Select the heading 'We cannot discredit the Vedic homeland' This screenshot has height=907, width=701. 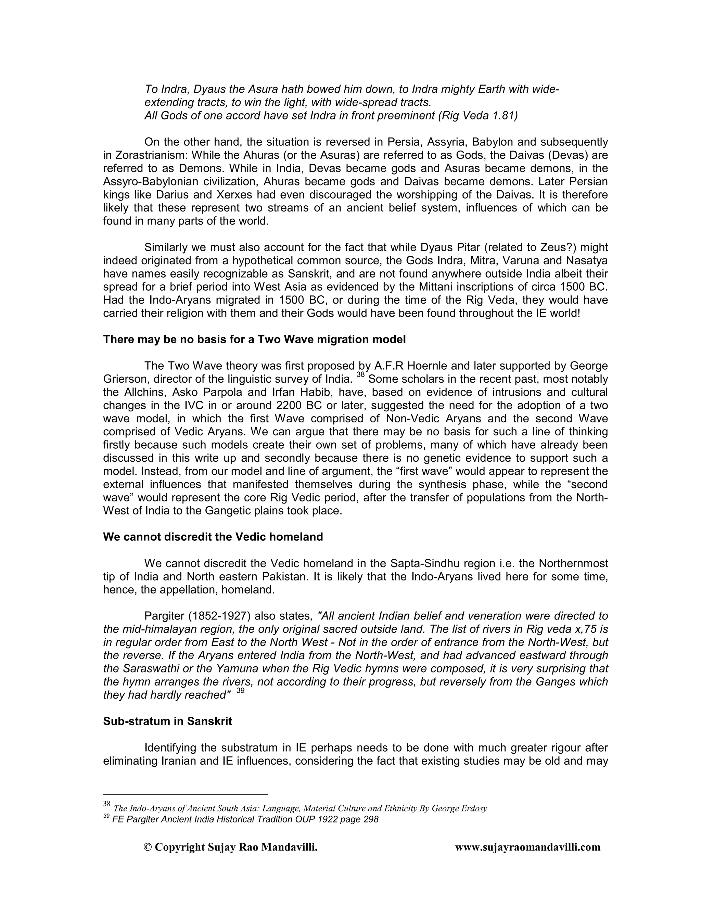213,537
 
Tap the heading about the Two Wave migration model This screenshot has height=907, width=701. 254,339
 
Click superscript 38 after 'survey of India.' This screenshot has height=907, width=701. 360,375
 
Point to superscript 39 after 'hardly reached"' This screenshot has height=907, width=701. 240,691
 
